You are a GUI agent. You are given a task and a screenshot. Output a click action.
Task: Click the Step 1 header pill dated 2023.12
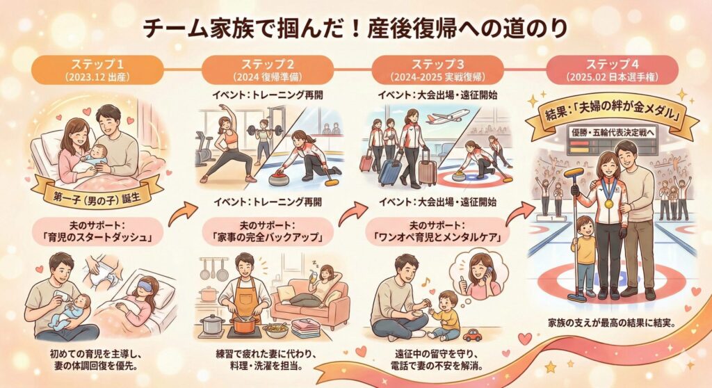[97, 70]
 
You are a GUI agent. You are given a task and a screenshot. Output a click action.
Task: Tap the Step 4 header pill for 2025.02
[612, 70]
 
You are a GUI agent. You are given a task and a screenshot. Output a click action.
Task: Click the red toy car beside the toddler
[472, 335]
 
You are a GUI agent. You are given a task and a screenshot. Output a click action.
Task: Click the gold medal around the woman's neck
[608, 204]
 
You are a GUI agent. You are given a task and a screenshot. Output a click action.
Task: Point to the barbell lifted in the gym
[264, 131]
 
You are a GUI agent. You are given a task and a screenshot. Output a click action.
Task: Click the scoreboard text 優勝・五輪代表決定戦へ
[614, 133]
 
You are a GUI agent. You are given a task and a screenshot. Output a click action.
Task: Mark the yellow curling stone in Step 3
[460, 174]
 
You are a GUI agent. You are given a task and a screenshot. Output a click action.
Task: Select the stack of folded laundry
[306, 328]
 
